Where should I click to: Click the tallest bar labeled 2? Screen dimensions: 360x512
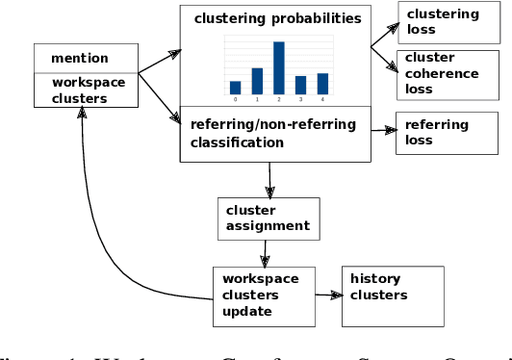click(x=279, y=67)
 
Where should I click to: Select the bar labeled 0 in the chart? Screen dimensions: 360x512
click(x=236, y=88)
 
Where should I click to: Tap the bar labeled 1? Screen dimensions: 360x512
click(x=257, y=81)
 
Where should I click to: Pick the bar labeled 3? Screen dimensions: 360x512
click(x=300, y=85)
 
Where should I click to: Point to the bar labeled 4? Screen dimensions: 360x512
click(x=322, y=84)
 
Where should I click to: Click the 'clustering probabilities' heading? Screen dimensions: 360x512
click(x=277, y=18)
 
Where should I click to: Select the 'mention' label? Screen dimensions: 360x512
click(x=80, y=59)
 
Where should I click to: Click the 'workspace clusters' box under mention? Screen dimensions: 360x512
click(x=88, y=90)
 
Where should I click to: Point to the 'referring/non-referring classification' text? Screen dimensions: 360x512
click(x=273, y=133)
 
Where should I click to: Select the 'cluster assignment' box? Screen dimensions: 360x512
click(x=268, y=219)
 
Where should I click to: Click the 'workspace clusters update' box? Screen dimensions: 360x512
click(x=262, y=295)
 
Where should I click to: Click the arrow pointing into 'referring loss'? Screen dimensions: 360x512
click(x=383, y=130)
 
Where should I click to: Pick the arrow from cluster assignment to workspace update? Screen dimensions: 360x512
click(x=265, y=253)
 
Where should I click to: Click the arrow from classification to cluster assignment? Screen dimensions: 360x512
click(x=270, y=179)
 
